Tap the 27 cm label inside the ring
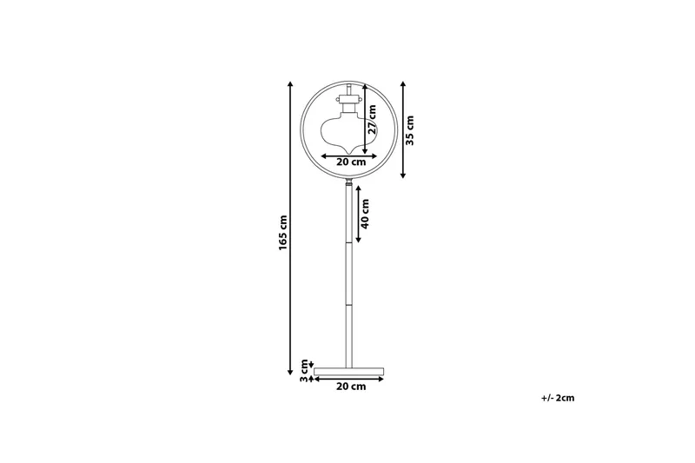(x=372, y=119)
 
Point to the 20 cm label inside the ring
(x=351, y=162)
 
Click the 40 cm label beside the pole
(x=366, y=214)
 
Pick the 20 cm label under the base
(x=350, y=387)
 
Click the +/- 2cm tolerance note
(x=557, y=398)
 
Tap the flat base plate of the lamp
(x=348, y=370)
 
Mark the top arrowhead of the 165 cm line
(x=290, y=84)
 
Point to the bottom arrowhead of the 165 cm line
(x=290, y=371)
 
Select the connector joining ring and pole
(x=348, y=184)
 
